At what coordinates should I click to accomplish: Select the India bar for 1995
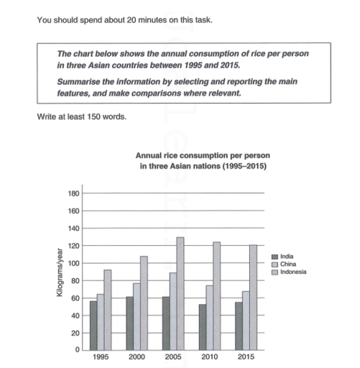pos(93,326)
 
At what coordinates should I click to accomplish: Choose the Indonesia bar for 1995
pos(108,310)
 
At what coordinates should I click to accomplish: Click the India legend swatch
pos(275,257)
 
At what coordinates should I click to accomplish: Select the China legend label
pos(291,264)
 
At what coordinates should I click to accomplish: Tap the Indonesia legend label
pos(296,271)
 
